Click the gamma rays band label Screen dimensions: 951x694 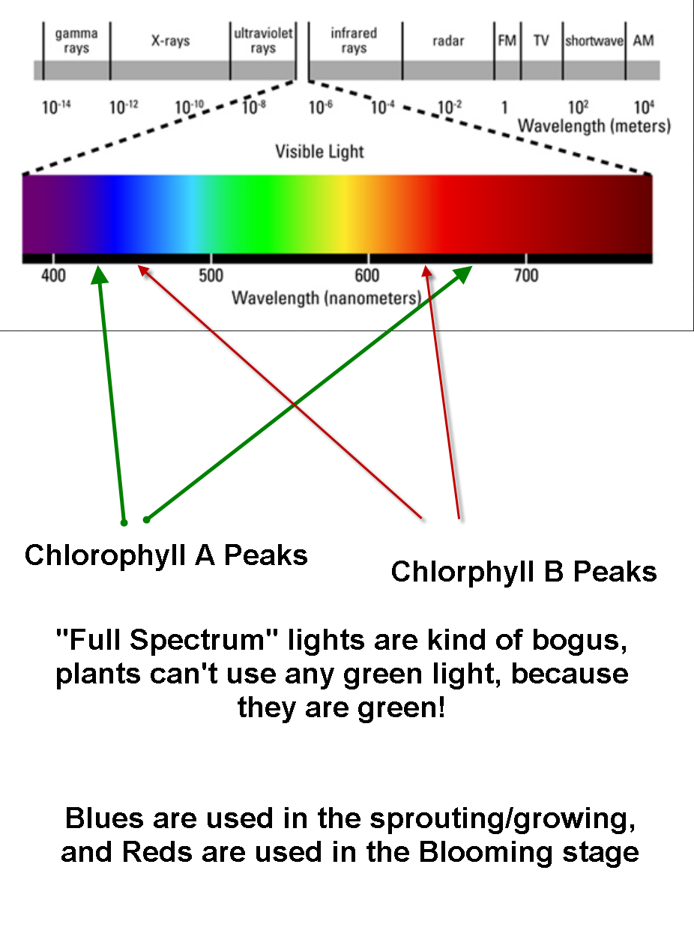click(x=76, y=41)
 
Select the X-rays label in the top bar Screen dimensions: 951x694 click(x=170, y=41)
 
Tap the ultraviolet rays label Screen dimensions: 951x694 click(x=263, y=41)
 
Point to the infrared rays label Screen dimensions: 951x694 click(x=354, y=41)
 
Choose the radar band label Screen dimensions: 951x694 click(x=448, y=41)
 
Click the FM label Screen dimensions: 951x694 click(x=507, y=41)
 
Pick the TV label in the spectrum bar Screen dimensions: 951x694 click(x=541, y=41)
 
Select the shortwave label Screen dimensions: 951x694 click(x=594, y=41)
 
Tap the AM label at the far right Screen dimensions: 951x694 click(x=643, y=41)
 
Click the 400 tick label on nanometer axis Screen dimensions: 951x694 click(x=53, y=276)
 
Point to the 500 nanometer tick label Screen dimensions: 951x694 click(x=211, y=276)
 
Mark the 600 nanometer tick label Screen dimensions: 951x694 click(x=367, y=276)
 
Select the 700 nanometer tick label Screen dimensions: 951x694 click(x=526, y=276)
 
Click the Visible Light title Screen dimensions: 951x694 click(x=319, y=152)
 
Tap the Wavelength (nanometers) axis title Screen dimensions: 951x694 click(x=326, y=298)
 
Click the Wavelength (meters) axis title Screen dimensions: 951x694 click(x=594, y=126)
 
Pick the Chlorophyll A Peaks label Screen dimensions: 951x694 click(x=166, y=556)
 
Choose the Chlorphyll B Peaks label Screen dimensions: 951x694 click(x=523, y=573)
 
